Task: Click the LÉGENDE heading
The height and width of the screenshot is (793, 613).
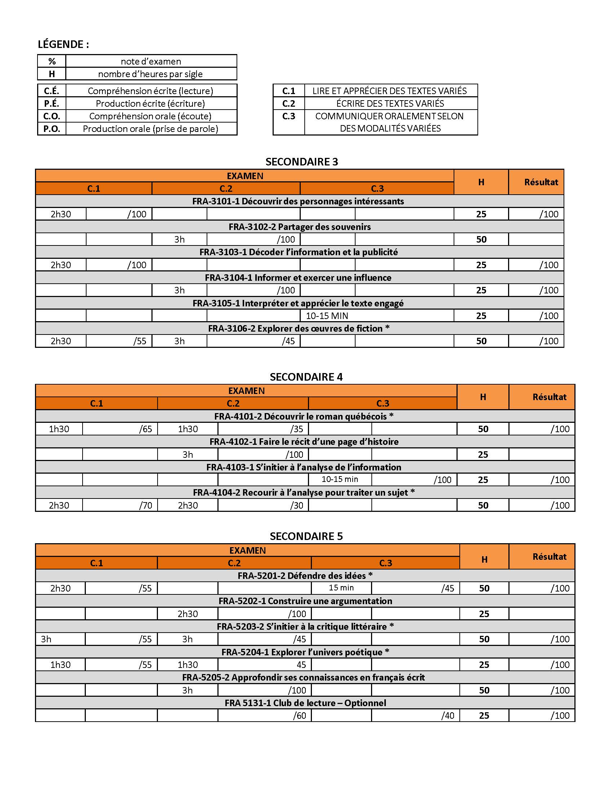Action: (x=63, y=44)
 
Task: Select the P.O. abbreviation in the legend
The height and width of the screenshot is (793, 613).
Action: (x=52, y=129)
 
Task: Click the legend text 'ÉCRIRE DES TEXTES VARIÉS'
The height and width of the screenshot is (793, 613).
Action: (x=390, y=103)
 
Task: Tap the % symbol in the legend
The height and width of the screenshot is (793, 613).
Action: (x=52, y=61)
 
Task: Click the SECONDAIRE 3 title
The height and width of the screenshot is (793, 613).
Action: (x=301, y=161)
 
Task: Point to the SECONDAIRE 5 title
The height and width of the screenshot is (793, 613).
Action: (x=306, y=536)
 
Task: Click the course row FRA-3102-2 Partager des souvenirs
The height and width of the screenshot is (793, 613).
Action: (x=300, y=227)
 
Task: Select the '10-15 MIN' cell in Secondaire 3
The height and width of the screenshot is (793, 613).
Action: (x=327, y=316)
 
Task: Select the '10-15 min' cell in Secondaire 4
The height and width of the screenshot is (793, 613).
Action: (x=340, y=479)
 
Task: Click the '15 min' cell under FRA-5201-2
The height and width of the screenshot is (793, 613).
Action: (x=341, y=588)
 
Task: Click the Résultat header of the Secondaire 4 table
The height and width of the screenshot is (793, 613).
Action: (x=549, y=397)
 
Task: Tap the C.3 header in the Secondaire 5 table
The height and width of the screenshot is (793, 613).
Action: (x=385, y=563)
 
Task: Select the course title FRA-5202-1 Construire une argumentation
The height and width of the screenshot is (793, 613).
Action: (x=305, y=601)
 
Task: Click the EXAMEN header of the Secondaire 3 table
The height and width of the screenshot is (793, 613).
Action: (x=245, y=176)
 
